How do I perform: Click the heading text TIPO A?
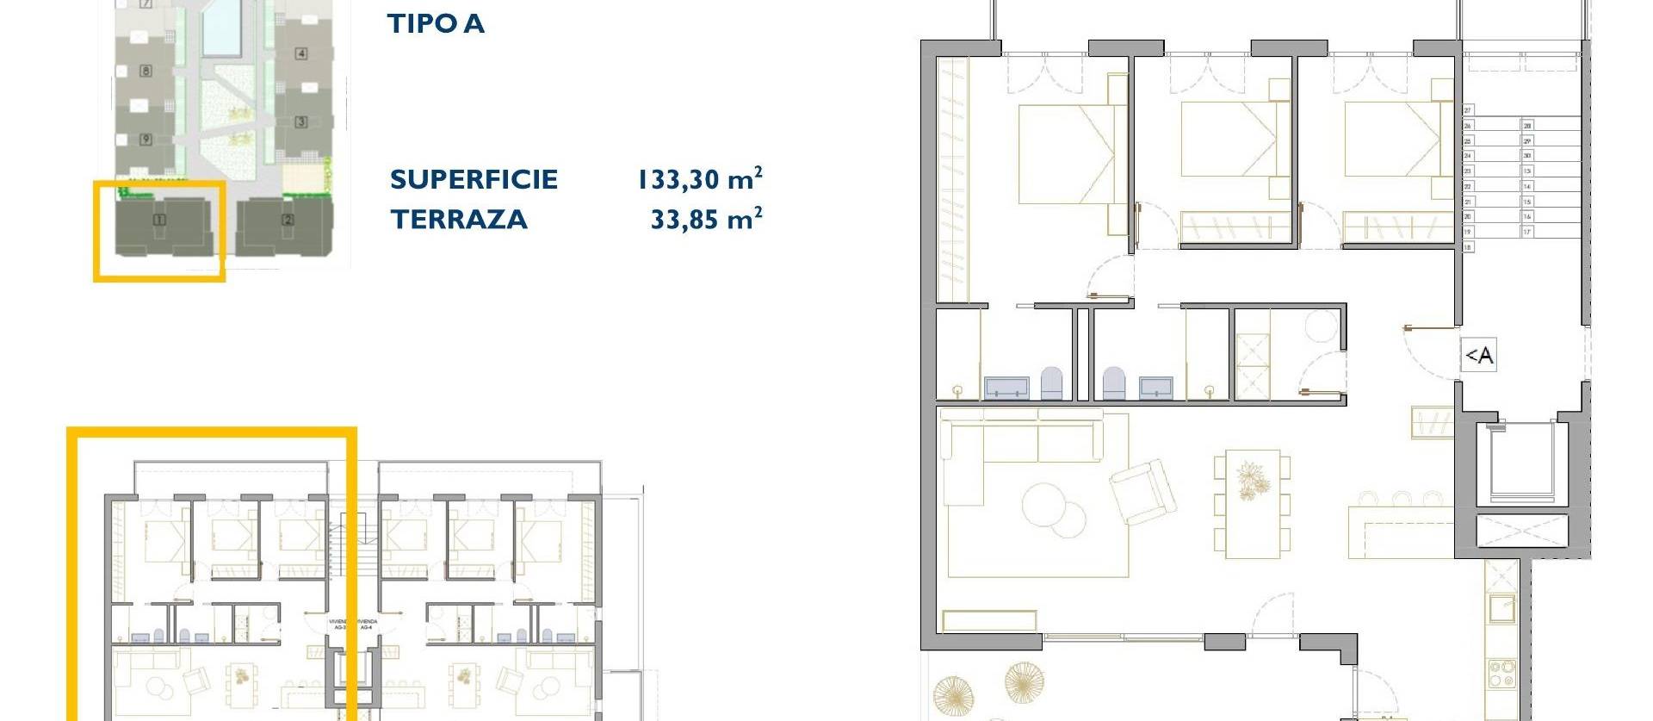[x=436, y=23]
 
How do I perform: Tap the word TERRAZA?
[x=459, y=220]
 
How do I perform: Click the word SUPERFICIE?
[x=474, y=179]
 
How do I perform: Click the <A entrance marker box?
[x=1479, y=355]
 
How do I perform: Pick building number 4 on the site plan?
[x=301, y=53]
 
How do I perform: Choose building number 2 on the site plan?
[x=288, y=220]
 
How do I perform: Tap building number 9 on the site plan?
[x=145, y=139]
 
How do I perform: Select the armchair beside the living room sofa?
[x=1142, y=492]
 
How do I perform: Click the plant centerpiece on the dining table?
[x=1249, y=481]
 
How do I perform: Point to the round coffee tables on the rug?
[x=1055, y=507]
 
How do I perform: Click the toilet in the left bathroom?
[x=1051, y=383]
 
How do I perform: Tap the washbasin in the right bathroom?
[x=1155, y=388]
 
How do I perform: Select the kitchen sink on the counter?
[x=1502, y=608]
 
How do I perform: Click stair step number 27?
[x=1468, y=110]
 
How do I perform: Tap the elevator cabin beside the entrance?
[x=1521, y=463]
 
